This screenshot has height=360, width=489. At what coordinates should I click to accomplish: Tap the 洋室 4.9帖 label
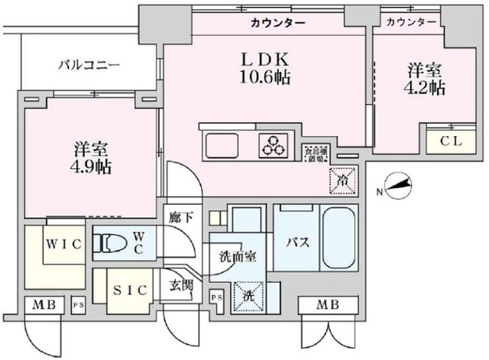coord(92,156)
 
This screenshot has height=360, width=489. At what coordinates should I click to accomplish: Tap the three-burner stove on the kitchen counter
coord(274,143)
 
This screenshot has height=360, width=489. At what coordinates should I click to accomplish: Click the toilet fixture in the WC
coord(111,243)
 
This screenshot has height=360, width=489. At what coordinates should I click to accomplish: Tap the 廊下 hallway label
coord(180,217)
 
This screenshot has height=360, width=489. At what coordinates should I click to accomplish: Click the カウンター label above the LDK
coord(278,24)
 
